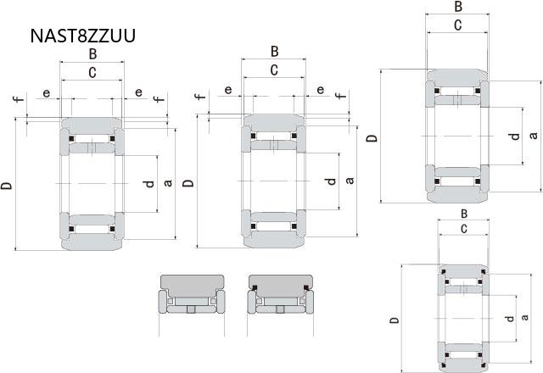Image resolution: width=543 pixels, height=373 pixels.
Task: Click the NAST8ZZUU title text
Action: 83,36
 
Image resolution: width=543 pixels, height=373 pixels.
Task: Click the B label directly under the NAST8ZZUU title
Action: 92,54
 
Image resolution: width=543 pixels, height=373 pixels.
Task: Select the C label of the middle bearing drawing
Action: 274,70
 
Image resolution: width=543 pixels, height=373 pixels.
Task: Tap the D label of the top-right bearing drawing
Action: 372,138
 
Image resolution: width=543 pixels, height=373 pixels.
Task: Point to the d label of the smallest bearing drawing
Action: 510,319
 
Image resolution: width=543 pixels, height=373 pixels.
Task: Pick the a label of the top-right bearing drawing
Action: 534,135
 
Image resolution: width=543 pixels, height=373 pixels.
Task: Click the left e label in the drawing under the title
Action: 46,92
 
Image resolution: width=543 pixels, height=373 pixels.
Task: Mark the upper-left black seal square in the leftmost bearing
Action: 71,139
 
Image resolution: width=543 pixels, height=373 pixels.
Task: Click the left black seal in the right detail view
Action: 255,287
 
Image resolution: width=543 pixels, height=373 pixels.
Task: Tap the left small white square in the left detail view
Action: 170,301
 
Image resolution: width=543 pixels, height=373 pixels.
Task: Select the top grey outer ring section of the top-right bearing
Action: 457,77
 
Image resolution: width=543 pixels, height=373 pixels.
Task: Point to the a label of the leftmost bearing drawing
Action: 168,183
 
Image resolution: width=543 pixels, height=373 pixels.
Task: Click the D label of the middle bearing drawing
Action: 188,182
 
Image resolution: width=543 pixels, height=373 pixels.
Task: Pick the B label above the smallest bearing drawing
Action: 464,214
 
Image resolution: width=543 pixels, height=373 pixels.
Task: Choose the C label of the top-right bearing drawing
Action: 457,25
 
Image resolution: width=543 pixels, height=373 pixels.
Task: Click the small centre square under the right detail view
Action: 280,309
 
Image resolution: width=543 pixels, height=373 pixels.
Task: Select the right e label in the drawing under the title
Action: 138,92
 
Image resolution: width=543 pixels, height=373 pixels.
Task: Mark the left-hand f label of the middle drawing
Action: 200,96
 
